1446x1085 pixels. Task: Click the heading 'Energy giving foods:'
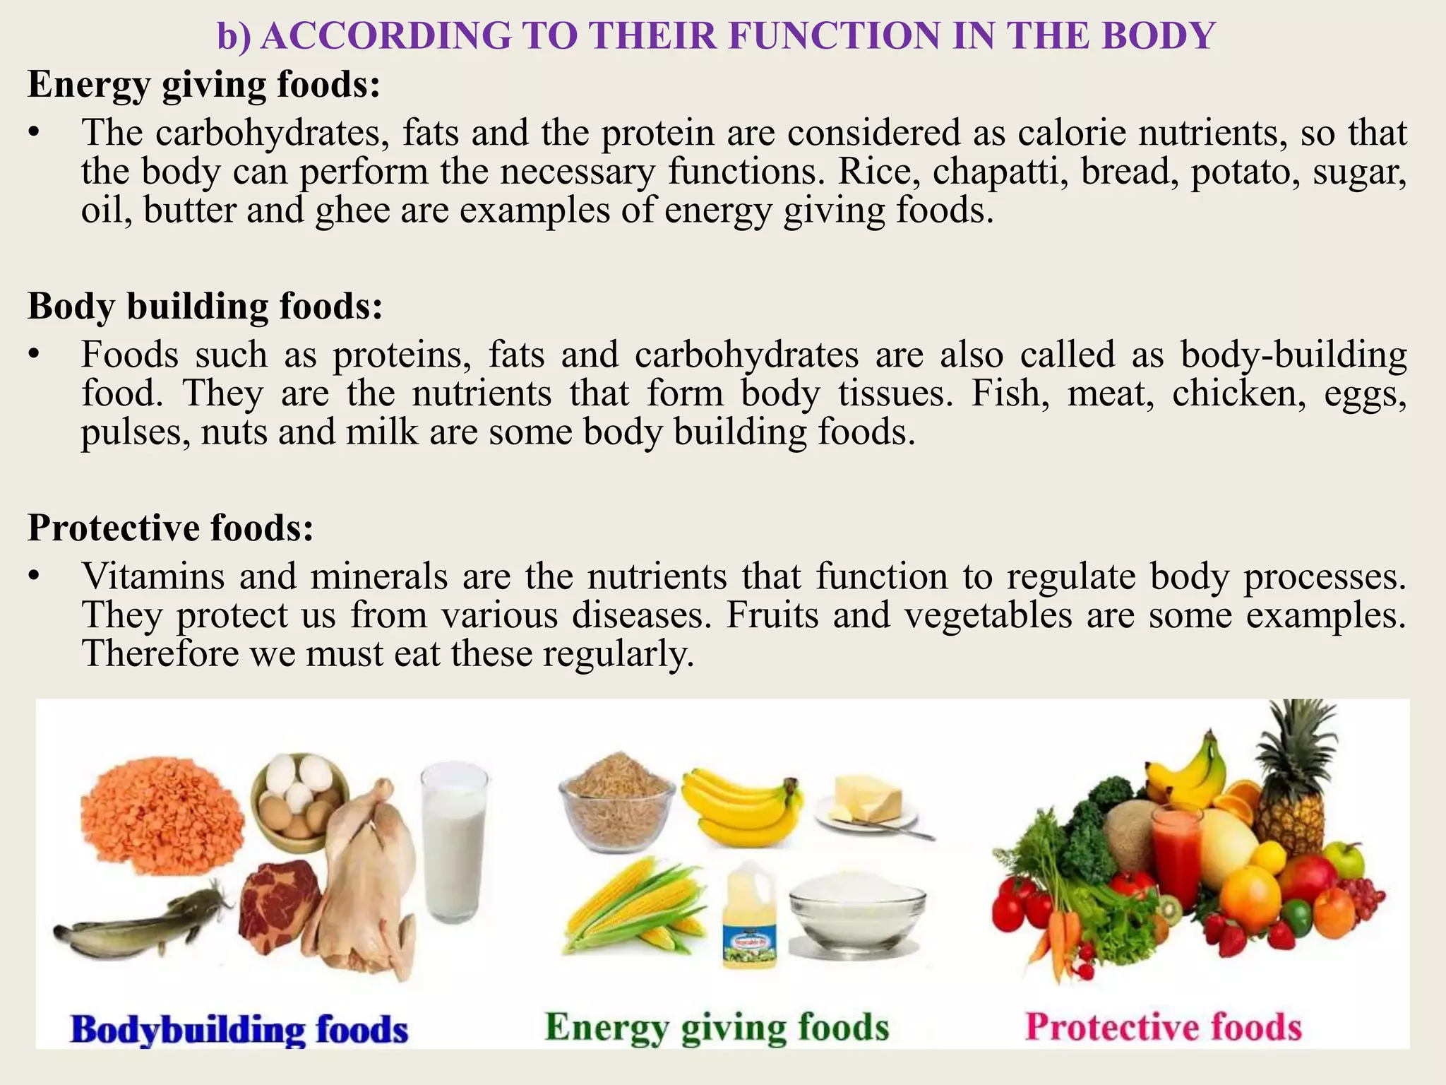pyautogui.click(x=204, y=84)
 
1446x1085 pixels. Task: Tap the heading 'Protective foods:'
pyautogui.click(x=170, y=528)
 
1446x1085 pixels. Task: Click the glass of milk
pyautogui.click(x=455, y=841)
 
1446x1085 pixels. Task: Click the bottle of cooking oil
pyautogui.click(x=749, y=918)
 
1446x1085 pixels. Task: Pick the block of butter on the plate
pyautogui.click(x=868, y=798)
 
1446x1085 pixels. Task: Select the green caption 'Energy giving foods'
pyautogui.click(x=717, y=1028)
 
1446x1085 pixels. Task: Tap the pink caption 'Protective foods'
pyautogui.click(x=1163, y=1028)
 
